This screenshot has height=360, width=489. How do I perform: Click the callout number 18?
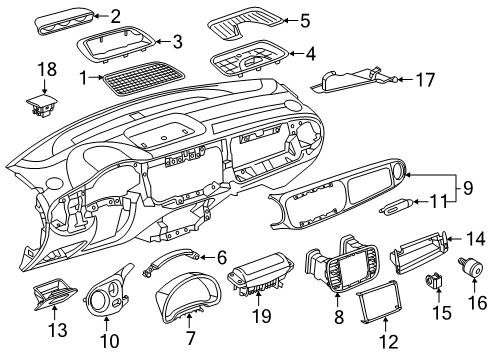47,70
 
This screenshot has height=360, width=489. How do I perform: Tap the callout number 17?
425,80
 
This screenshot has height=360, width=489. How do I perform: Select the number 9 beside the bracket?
468,188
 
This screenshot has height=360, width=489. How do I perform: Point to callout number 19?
262,315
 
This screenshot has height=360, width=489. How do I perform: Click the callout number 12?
389,342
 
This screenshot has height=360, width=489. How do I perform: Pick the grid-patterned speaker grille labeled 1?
144,78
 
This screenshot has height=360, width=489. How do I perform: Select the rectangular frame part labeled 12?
380,303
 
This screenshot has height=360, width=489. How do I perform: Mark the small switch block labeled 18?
42,106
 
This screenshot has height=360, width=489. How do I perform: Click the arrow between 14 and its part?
455,239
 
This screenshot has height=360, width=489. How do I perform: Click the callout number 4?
311,54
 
